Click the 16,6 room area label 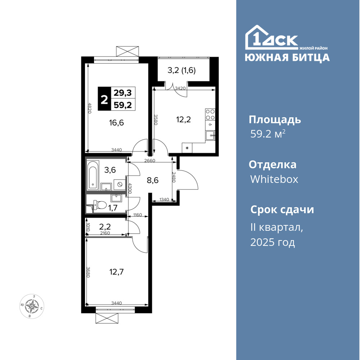point(116,123)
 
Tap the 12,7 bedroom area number point(116,272)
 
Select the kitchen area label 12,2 point(184,120)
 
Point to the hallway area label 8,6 point(153,180)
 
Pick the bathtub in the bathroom point(93,175)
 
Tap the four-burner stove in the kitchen point(210,115)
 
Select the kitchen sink point(210,136)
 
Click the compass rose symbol point(32,306)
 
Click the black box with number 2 point(104,99)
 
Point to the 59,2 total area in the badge point(123,105)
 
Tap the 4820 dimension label point(90,108)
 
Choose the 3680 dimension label point(88,272)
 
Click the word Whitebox point(274,179)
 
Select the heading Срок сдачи point(282,210)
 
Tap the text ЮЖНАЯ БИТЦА point(287,57)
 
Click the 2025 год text point(273,242)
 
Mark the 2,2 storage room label point(105,227)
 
